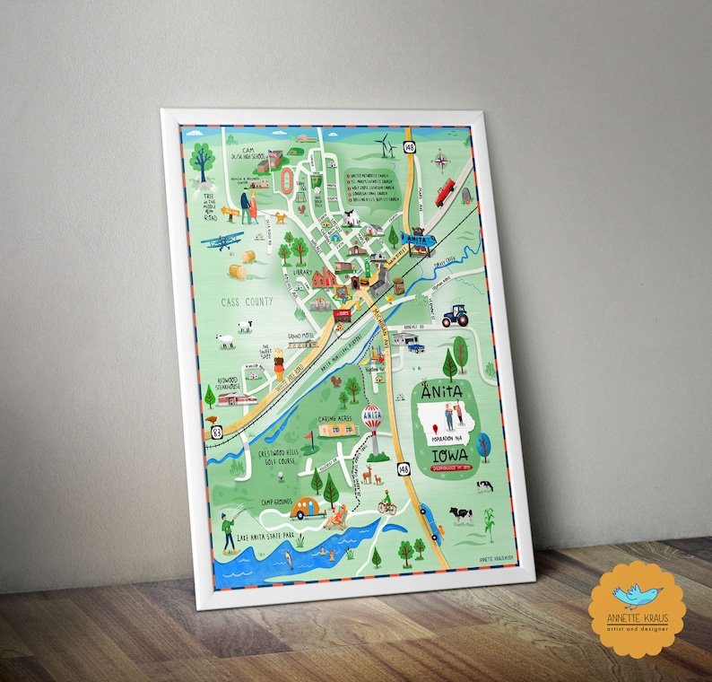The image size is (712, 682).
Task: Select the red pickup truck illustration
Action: tap(446, 192)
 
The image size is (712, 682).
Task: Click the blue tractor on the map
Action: tap(455, 315)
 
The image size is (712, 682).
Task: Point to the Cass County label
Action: tap(246, 302)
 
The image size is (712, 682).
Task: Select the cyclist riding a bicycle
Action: tap(386, 503)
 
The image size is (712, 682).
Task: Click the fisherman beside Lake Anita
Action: tap(228, 529)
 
